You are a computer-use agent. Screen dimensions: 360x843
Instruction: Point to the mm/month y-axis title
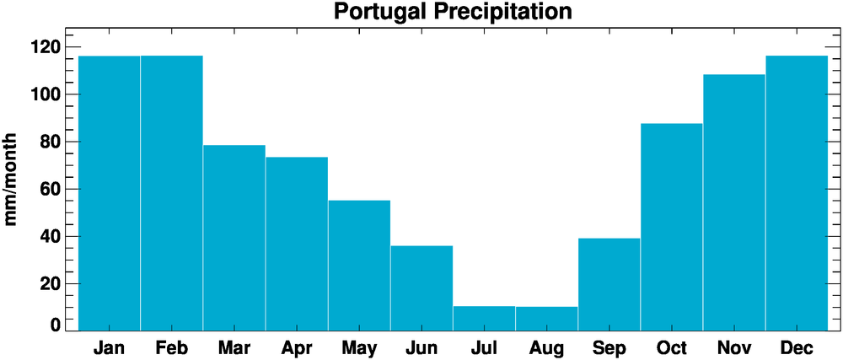(x=12, y=179)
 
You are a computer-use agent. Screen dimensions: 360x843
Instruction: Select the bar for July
(x=484, y=318)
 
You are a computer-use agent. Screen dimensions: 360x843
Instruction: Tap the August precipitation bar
(x=546, y=319)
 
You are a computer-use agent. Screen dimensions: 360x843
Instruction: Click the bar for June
(x=421, y=287)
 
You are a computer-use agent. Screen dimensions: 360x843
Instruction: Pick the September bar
(x=609, y=284)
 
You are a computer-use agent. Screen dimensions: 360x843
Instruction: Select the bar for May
(x=359, y=265)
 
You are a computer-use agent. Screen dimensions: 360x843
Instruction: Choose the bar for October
(x=671, y=227)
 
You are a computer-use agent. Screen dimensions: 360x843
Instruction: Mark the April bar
(x=297, y=244)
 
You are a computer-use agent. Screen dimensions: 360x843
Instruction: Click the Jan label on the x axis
(x=110, y=347)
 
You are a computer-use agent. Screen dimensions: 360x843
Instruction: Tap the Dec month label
(x=796, y=347)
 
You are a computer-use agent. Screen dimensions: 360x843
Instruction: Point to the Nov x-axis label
(x=733, y=347)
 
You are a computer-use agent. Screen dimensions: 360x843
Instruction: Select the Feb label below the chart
(x=172, y=347)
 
